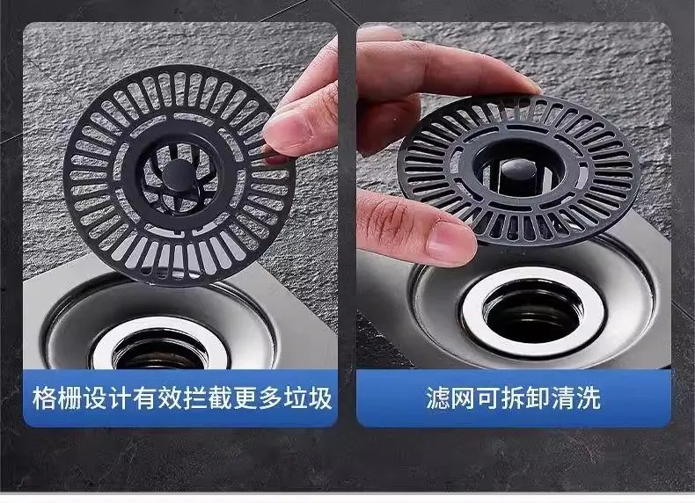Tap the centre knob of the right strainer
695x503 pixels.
click(x=518, y=169)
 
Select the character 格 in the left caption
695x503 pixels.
click(x=44, y=398)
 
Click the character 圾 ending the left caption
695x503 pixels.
click(x=320, y=398)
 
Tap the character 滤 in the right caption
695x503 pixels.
click(x=438, y=398)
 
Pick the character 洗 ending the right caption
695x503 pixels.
click(x=589, y=398)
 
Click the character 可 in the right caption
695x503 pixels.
click(x=488, y=398)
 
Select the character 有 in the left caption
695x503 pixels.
click(x=144, y=398)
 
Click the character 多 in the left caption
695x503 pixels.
click(x=270, y=398)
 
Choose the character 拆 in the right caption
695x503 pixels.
click(x=513, y=398)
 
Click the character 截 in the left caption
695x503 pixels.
click(x=220, y=398)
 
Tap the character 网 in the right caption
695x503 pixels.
click(x=463, y=398)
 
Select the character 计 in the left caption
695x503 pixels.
click(x=120, y=398)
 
